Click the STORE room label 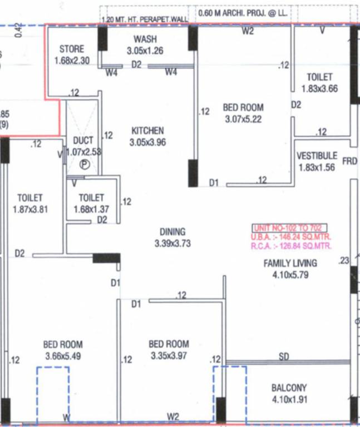pos(72,49)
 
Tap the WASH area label pos(145,39)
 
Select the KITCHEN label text pos(147,131)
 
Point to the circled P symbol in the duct pos(85,164)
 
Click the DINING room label pos(172,232)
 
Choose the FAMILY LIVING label pos(290,264)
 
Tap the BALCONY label pos(289,388)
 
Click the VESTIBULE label pos(317,156)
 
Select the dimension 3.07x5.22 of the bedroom pos(243,119)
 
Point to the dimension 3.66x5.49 pos(63,356)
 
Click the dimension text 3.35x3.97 pos(169,356)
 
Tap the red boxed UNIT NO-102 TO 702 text pos(290,228)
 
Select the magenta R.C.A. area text pos(292,246)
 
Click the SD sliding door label pos(284,357)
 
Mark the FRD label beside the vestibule pos(349,162)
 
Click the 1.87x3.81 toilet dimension pos(30,210)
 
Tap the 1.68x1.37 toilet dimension pos(91,209)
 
